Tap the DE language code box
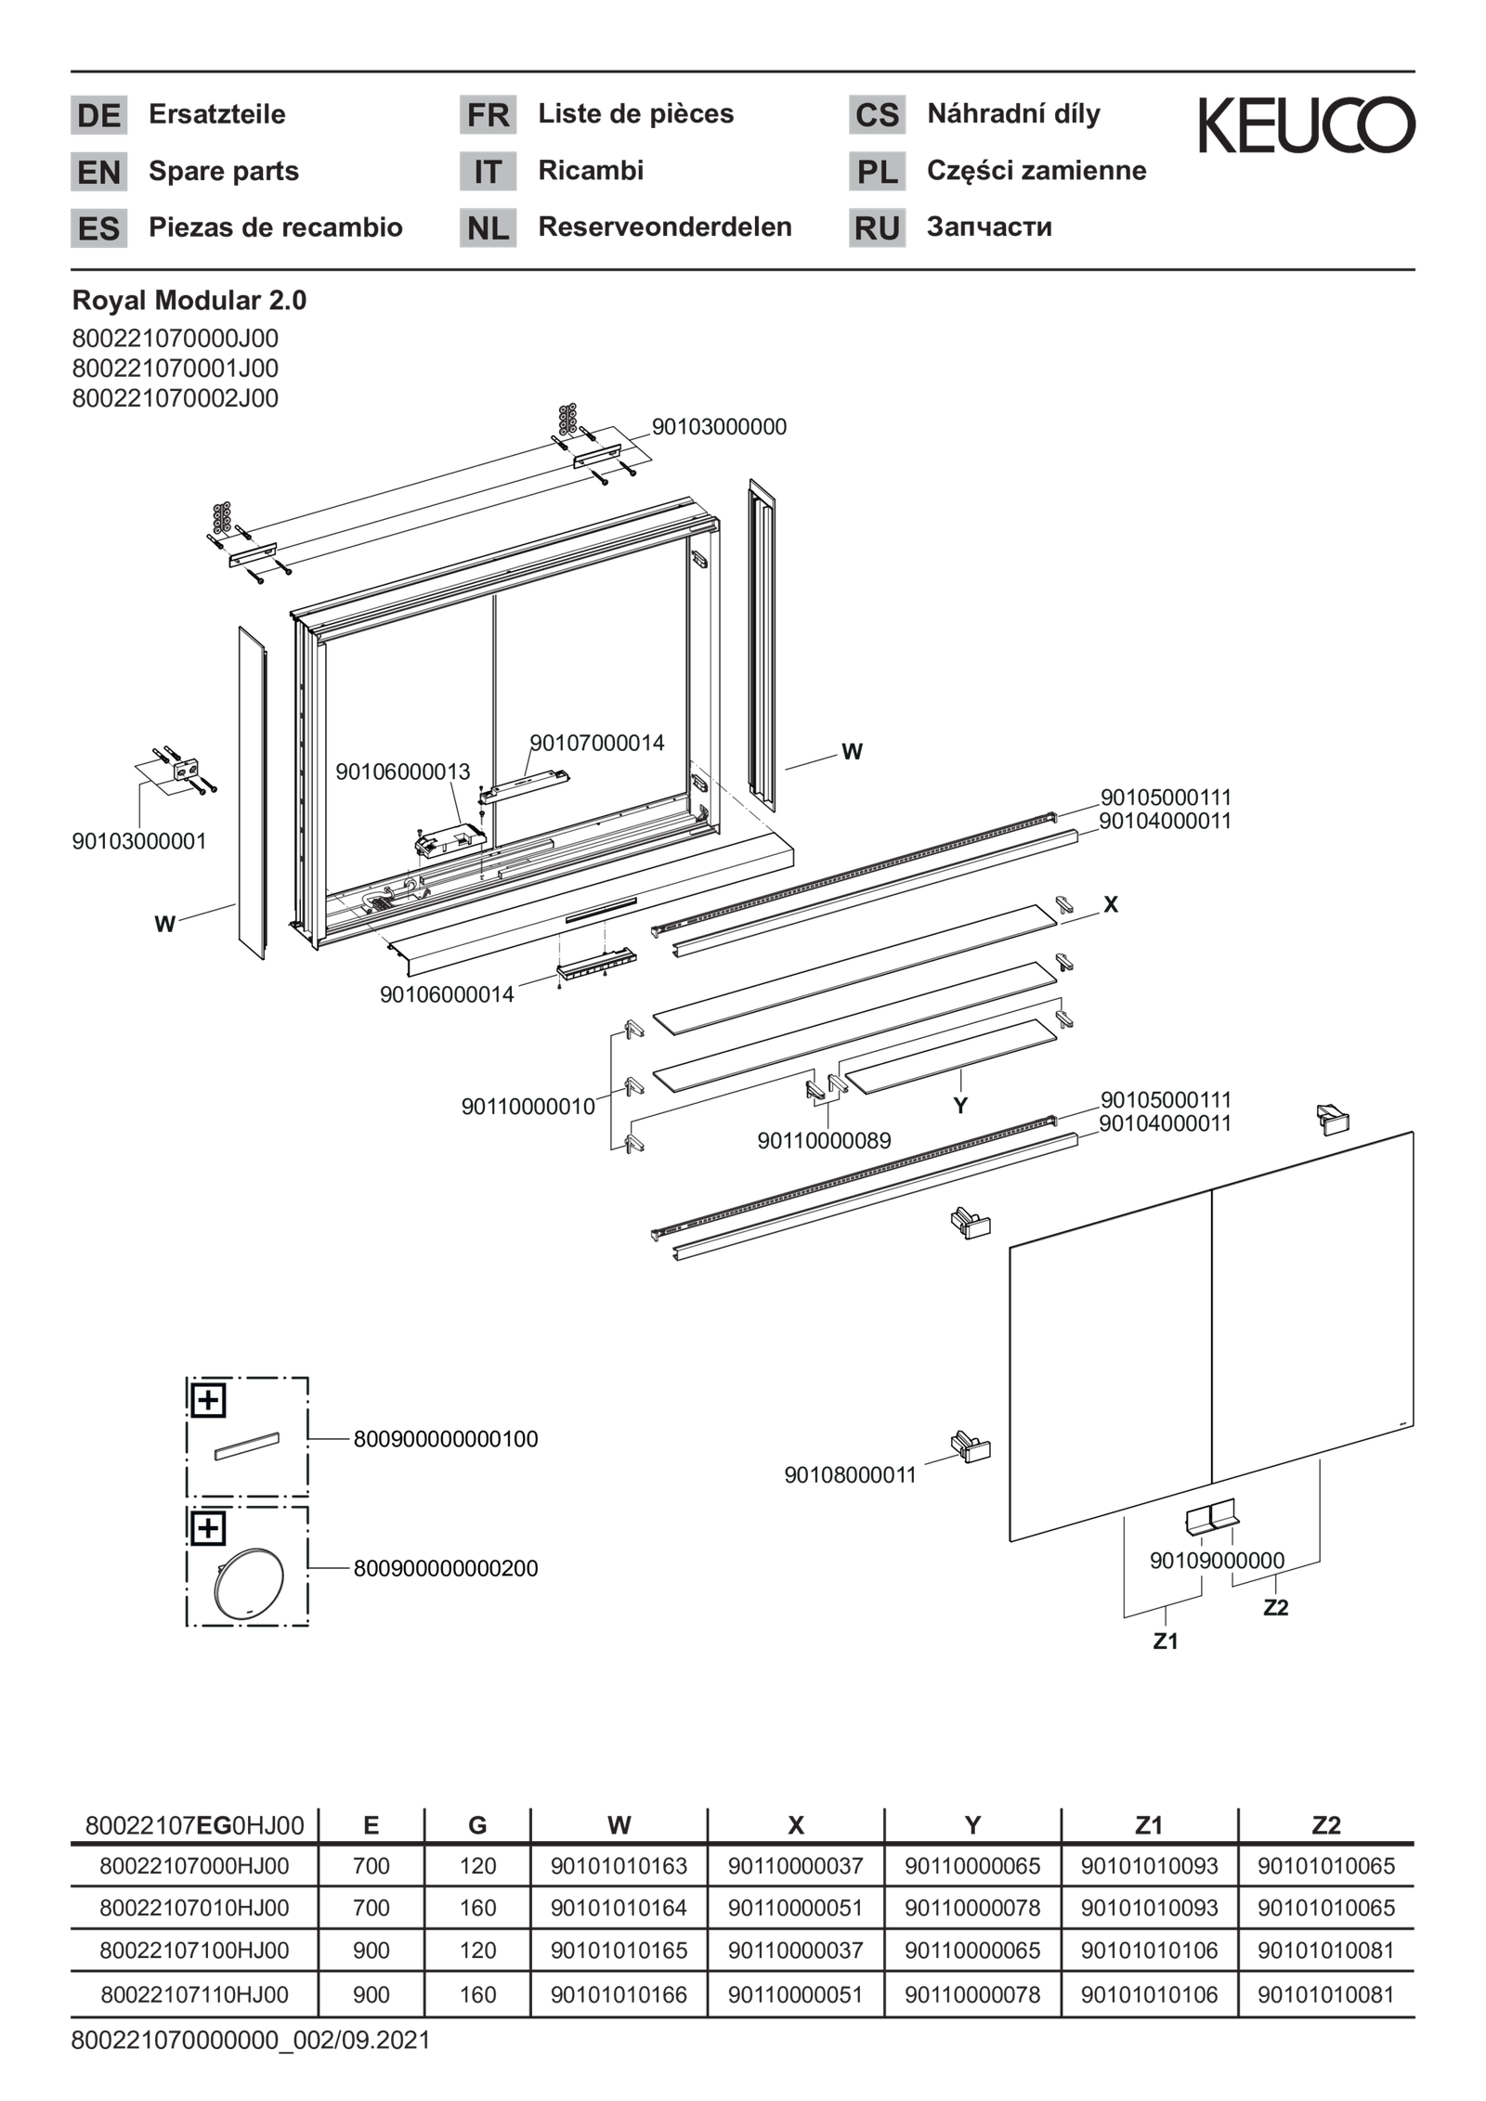point(98,115)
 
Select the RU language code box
point(876,227)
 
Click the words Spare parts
point(223,171)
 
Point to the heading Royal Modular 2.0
point(189,301)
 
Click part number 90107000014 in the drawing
point(597,743)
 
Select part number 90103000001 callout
point(139,842)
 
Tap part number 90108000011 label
point(850,1474)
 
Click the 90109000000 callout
point(1217,1561)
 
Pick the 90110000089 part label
point(824,1140)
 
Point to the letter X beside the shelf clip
point(1110,904)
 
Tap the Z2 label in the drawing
point(1275,1607)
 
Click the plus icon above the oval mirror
point(208,1527)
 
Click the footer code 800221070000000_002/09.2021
point(250,2040)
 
